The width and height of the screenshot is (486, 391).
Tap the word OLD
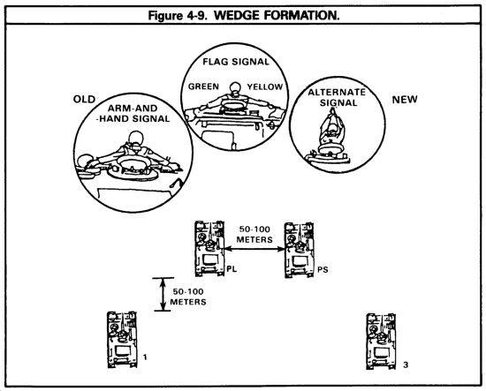(x=84, y=100)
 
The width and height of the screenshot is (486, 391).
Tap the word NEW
(x=405, y=100)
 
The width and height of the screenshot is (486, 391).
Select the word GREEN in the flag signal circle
(x=203, y=86)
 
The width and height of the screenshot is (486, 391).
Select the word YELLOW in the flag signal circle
(x=265, y=86)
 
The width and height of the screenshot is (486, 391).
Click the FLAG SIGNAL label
(x=236, y=62)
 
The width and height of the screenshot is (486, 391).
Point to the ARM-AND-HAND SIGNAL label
(x=133, y=113)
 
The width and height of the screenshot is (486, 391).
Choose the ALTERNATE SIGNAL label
(x=337, y=97)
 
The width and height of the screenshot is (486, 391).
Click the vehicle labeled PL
(x=209, y=249)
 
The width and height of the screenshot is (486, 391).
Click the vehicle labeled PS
(x=299, y=250)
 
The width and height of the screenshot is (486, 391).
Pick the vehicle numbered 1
(x=122, y=340)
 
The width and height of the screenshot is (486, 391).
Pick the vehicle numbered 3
(x=381, y=342)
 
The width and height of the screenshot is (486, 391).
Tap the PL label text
(x=232, y=269)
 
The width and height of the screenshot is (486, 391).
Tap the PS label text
(x=323, y=270)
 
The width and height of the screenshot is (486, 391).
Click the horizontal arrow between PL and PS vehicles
(x=254, y=248)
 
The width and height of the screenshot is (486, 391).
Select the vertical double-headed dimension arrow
(x=163, y=294)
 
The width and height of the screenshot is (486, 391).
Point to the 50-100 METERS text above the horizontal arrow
(x=254, y=235)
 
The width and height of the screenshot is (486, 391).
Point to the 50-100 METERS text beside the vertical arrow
(x=188, y=297)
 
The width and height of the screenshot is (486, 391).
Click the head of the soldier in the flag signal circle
(x=235, y=87)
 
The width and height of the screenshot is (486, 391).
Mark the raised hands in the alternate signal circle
(x=333, y=111)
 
